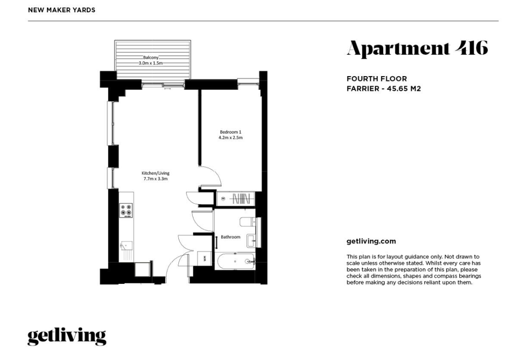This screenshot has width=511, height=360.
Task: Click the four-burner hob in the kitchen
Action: click(126, 210)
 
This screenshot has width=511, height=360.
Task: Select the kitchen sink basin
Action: click(126, 245)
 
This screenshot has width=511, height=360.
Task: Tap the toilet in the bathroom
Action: click(248, 222)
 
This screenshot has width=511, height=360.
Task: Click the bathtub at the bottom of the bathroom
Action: click(235, 261)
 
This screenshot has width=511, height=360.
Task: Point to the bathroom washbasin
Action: click(251, 241)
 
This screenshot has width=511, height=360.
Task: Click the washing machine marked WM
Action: click(204, 259)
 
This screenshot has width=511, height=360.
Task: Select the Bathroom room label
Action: click(230, 237)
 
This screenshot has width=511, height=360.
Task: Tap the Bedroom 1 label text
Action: click(230, 132)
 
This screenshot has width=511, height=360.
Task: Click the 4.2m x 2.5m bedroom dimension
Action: click(230, 137)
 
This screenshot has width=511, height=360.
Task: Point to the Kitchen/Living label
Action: click(155, 173)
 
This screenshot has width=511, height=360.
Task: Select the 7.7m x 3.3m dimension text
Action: click(155, 179)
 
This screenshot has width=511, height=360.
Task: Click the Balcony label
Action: click(151, 58)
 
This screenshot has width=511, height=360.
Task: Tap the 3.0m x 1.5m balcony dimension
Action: click(151, 63)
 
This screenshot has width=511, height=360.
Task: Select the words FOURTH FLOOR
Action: click(377, 79)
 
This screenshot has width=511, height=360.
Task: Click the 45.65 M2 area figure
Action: click(404, 89)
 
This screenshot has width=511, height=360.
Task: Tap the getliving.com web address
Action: click(371, 242)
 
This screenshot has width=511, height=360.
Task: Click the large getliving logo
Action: click(67, 337)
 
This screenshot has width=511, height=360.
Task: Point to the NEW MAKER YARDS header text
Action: click(62, 10)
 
